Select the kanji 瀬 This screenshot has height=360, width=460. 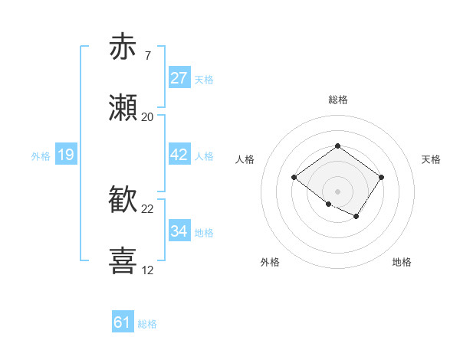pyautogui.click(x=124, y=109)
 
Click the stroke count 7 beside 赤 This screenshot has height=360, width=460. pyautogui.click(x=147, y=56)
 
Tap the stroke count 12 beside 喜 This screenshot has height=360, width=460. pyautogui.click(x=148, y=270)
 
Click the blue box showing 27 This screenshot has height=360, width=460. pyautogui.click(x=179, y=78)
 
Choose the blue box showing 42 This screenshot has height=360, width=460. pyautogui.click(x=179, y=155)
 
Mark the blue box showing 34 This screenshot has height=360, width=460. pyautogui.click(x=179, y=231)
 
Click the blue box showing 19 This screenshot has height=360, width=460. pyautogui.click(x=66, y=155)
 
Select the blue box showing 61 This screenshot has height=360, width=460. pyautogui.click(x=123, y=322)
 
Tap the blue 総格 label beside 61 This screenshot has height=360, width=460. pyautogui.click(x=147, y=324)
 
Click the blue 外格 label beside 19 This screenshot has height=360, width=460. pyautogui.click(x=41, y=156)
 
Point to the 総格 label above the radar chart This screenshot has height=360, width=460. pyautogui.click(x=337, y=100)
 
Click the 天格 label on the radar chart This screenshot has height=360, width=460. pyautogui.click(x=431, y=159)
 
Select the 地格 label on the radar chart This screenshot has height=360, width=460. pyautogui.click(x=402, y=262)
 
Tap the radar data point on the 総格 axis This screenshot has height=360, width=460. pyautogui.click(x=337, y=146)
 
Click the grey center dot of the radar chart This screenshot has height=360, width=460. pyautogui.click(x=337, y=191)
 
